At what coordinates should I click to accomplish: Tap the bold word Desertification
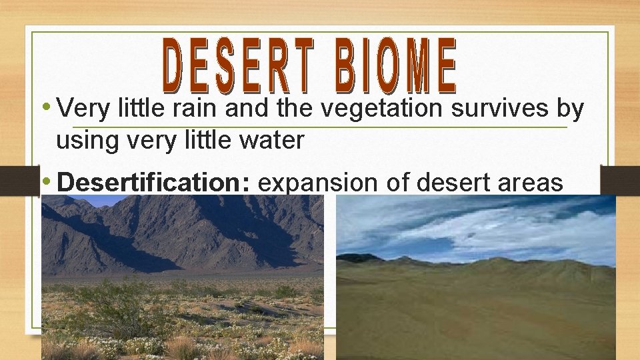point(153,183)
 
